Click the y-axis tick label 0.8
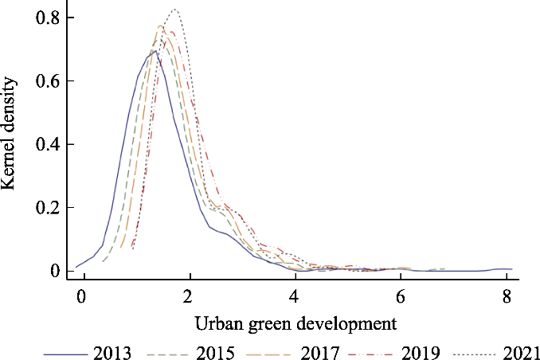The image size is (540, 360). click(x=46, y=18)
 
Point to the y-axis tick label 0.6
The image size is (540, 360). click(x=46, y=80)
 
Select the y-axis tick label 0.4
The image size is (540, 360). click(x=46, y=144)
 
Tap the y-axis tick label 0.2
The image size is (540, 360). click(x=46, y=207)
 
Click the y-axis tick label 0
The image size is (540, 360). click(x=55, y=271)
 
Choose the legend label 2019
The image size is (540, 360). click(x=423, y=351)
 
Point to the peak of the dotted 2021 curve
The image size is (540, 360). click(x=174, y=10)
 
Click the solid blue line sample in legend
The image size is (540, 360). click(x=66, y=351)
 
